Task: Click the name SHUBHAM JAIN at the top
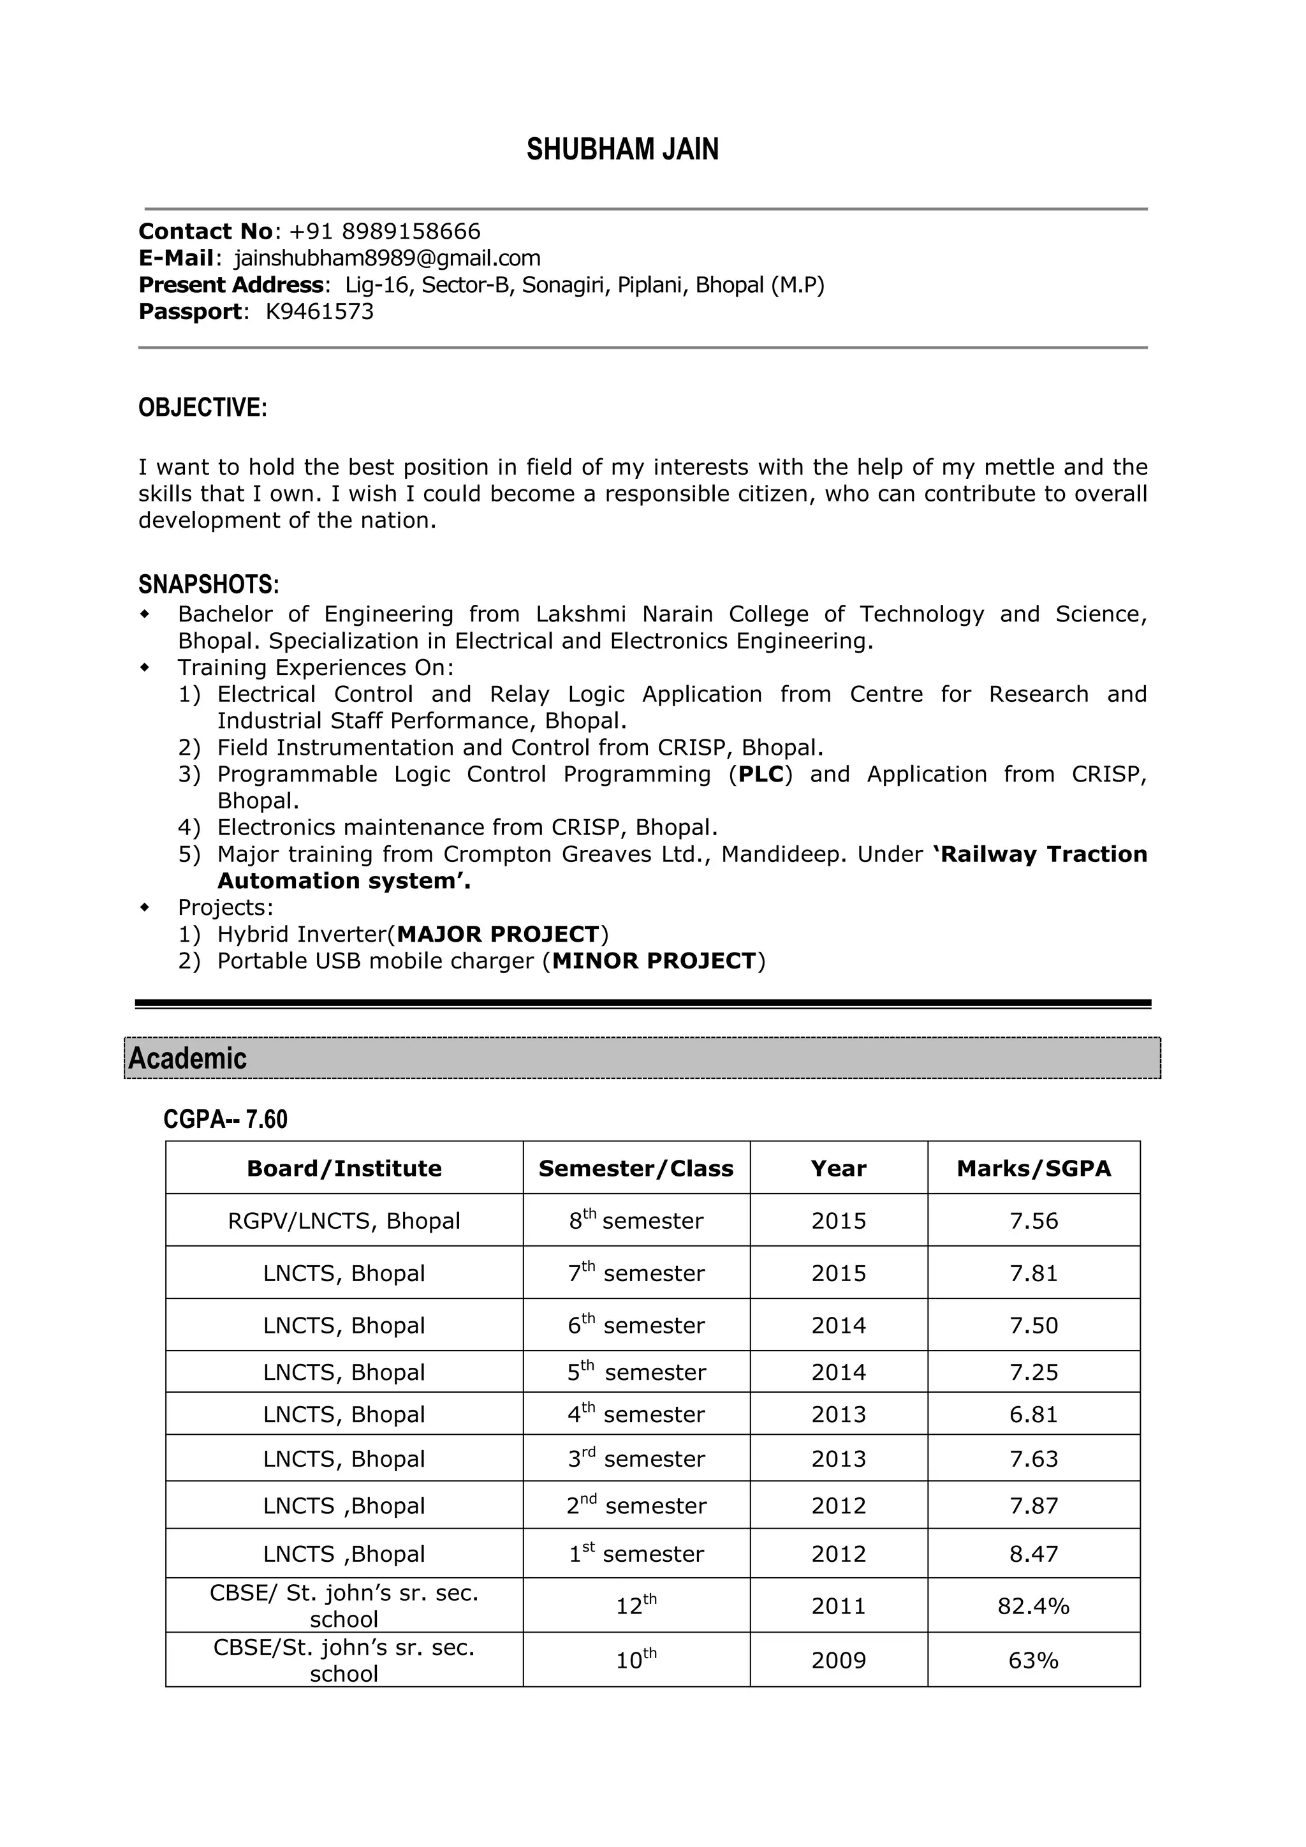622,150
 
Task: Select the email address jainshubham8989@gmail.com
387,258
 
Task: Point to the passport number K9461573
319,311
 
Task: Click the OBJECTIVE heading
202,408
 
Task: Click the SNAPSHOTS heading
209,583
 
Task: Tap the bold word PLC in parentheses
761,774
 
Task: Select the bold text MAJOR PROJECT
498,934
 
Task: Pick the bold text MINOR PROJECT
654,961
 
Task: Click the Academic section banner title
187,1058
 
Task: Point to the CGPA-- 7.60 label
225,1119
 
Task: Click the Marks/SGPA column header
1033,1168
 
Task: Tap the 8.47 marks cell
1033,1554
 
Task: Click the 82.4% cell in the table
1033,1606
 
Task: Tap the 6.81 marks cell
1033,1414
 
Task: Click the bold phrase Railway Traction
1044,854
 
